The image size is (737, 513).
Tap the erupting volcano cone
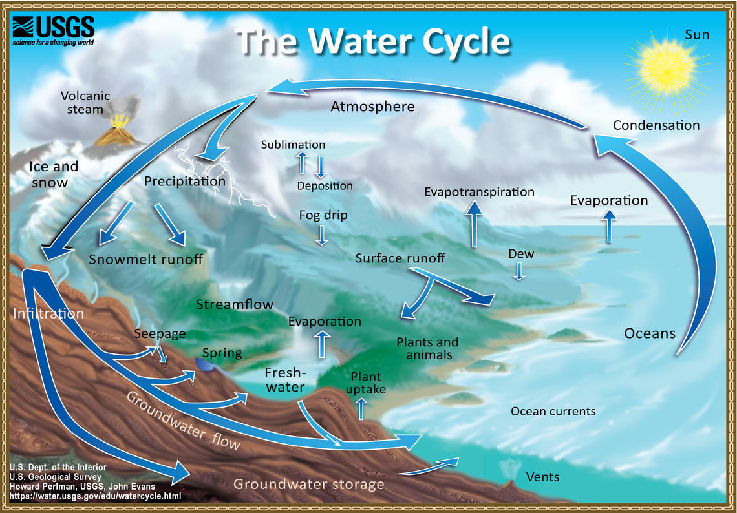(118, 132)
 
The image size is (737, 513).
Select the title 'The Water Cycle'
(374, 41)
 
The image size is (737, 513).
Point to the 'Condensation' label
(656, 125)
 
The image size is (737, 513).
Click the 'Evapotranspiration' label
(479, 192)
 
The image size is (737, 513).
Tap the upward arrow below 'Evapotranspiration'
(474, 224)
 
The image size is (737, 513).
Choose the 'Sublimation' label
(293, 145)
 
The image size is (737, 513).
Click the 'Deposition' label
(325, 186)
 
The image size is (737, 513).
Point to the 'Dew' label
(520, 254)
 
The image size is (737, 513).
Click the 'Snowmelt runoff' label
(145, 260)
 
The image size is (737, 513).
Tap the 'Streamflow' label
(235, 304)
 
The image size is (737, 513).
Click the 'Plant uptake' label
(366, 383)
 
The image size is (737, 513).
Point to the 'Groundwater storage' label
(308, 484)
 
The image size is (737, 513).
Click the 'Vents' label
(542, 477)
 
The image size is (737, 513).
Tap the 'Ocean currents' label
(553, 411)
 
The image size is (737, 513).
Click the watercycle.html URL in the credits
(94, 496)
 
